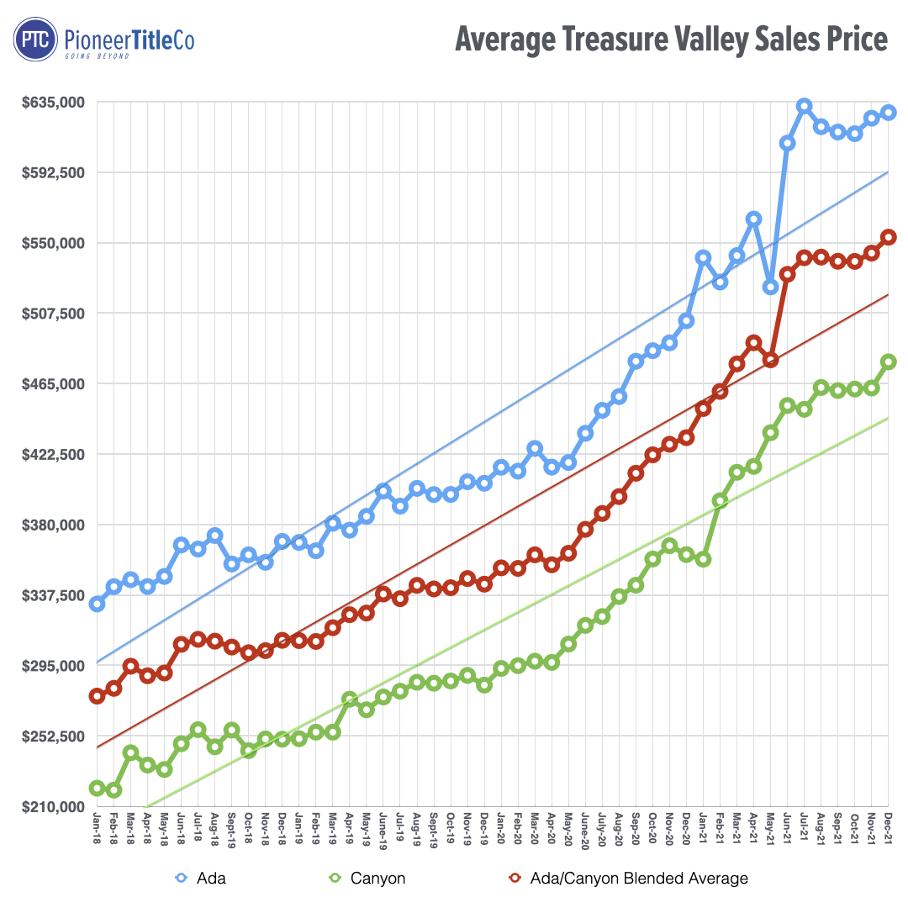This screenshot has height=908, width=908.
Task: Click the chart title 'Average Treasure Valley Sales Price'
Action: [670, 40]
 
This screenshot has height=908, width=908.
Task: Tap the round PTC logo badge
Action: [34, 40]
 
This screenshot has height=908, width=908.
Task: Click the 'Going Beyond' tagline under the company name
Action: [98, 55]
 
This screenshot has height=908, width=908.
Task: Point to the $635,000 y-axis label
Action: [55, 103]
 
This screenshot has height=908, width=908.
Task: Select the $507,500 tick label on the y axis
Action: [55, 314]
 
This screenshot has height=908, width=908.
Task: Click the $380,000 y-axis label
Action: [55, 525]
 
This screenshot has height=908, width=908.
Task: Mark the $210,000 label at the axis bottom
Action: [55, 807]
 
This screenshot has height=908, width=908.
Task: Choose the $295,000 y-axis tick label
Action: [55, 666]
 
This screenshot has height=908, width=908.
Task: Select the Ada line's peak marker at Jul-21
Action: [804, 106]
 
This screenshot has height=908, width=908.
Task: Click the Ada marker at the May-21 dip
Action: [770, 288]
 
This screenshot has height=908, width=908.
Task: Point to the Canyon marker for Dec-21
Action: [888, 362]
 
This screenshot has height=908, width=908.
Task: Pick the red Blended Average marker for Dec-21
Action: [888, 237]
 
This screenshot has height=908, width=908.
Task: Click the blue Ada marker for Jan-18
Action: [97, 604]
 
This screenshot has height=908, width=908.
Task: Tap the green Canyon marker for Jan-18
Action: [97, 789]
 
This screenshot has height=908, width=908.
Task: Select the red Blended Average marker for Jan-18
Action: [97, 696]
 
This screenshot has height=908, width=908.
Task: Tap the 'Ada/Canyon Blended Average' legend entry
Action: [626, 879]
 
